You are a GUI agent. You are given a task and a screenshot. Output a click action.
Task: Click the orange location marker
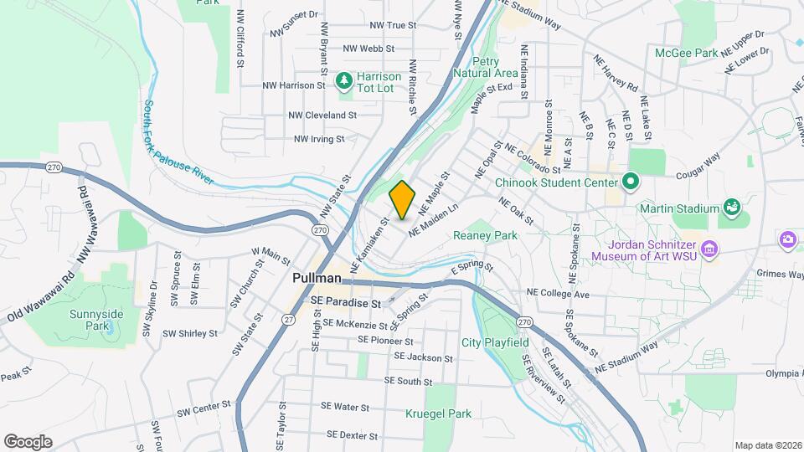coord(402,200)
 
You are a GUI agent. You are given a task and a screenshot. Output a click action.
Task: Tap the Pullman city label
coord(317,277)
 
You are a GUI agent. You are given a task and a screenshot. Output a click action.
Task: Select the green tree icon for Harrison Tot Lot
coord(343,80)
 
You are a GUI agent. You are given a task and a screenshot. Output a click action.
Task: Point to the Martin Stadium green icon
coord(731,207)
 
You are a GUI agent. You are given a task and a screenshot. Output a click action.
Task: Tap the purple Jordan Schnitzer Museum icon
coord(709,249)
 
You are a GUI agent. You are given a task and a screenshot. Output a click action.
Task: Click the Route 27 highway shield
coord(289,319)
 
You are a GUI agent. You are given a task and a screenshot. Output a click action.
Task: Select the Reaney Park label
coord(485,236)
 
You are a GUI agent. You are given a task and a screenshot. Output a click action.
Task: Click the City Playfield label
coord(495,342)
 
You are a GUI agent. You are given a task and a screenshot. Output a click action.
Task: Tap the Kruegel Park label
coord(440,413)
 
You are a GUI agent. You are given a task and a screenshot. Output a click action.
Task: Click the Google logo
coord(28,441)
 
